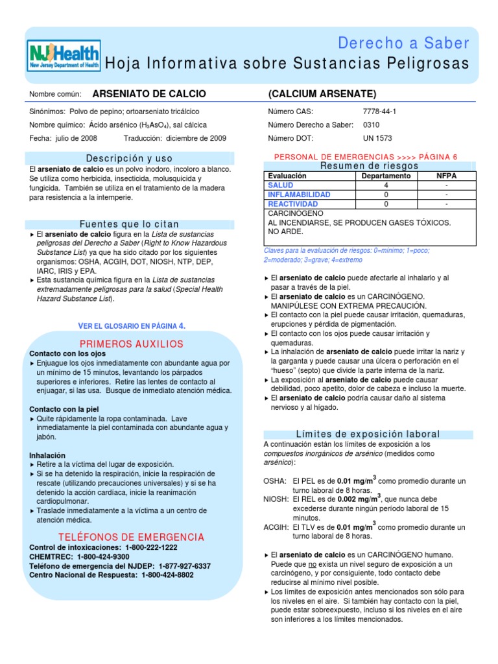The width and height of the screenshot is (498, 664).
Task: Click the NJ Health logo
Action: click(64, 56)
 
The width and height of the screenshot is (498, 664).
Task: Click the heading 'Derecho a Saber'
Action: click(403, 43)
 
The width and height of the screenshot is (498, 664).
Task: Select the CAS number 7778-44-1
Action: click(379, 112)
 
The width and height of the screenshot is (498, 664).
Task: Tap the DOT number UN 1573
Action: click(377, 138)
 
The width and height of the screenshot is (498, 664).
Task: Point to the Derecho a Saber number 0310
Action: click(372, 124)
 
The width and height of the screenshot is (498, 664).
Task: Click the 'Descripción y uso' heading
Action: click(130, 158)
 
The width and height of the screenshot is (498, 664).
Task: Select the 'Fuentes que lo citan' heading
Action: click(129, 224)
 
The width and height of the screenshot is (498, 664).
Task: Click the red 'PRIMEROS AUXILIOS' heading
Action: click(132, 344)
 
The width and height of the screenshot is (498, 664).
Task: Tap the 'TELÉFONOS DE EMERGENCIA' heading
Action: click(132, 537)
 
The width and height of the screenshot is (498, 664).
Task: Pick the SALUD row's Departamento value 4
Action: click(386, 185)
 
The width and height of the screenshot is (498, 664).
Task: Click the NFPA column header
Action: click(446, 176)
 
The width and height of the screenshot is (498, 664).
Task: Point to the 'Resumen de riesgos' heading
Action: click(370, 166)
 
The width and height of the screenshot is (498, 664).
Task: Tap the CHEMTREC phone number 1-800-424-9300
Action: click(103, 556)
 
